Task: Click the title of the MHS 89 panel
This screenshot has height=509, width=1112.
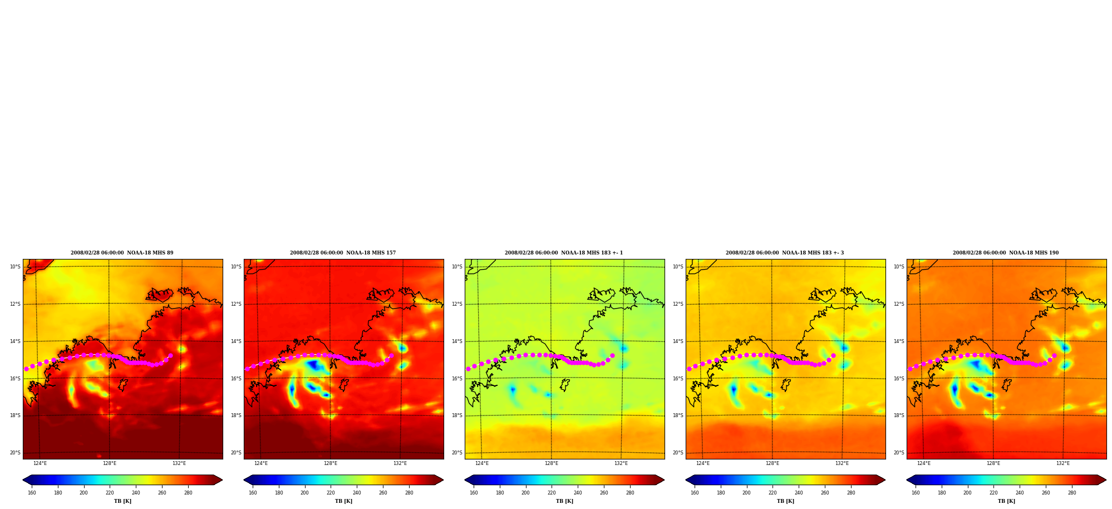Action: [x=122, y=253]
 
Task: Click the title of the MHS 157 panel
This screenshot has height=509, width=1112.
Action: [x=343, y=253]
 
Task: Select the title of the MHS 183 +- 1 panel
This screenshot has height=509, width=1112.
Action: [x=564, y=253]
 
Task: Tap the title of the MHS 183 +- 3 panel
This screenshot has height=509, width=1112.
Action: [x=785, y=253]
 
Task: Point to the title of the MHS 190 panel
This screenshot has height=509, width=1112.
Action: [x=1006, y=253]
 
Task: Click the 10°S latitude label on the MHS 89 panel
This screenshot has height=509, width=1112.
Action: [x=15, y=267]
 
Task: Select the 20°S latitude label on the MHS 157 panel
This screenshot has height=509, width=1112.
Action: [x=236, y=453]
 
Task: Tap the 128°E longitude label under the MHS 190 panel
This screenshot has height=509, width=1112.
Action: [x=993, y=463]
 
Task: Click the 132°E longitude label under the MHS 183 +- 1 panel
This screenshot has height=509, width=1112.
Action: [x=621, y=463]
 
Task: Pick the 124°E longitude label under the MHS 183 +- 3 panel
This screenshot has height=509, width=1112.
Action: [x=703, y=463]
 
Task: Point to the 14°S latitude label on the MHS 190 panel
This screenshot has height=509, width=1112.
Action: [x=899, y=341]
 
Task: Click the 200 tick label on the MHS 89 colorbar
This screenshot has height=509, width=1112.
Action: [x=83, y=493]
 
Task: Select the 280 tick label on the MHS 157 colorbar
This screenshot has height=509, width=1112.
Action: [x=409, y=493]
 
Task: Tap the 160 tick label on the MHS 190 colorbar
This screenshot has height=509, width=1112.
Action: [x=916, y=493]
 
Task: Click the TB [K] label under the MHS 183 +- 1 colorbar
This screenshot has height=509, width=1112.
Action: [x=564, y=501]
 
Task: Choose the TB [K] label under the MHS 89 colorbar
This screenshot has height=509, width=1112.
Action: [x=122, y=501]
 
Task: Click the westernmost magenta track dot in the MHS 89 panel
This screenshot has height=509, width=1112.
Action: [x=26, y=369]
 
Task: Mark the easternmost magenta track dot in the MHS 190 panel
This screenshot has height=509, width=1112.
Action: [x=1054, y=355]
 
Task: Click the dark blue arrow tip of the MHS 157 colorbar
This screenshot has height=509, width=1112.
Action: [x=245, y=480]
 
